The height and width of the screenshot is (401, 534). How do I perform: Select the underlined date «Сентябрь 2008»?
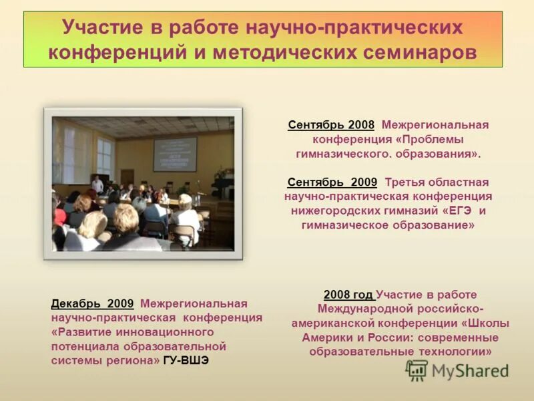[x=331, y=125]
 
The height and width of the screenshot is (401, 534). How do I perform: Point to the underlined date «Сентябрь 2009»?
[x=332, y=182]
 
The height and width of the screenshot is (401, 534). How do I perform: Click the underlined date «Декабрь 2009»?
[x=92, y=303]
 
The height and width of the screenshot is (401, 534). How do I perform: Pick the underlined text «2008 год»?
[x=349, y=294]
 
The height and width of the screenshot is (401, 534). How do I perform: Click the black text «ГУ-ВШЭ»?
[x=186, y=360]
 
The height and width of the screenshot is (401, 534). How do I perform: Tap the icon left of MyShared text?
[x=417, y=370]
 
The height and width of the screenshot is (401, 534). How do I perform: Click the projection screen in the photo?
[x=175, y=154]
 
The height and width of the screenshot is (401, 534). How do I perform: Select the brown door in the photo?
[x=127, y=176]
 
